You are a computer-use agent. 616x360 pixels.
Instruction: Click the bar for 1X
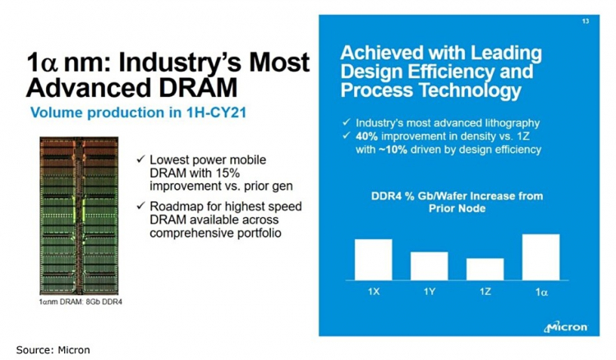coord(374,260)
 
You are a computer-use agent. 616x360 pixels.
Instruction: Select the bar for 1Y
coord(429,265)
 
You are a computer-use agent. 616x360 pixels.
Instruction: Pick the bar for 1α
coord(540,257)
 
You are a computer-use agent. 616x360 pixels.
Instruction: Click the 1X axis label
coord(374,291)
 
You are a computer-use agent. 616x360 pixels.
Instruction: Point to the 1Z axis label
coord(485,291)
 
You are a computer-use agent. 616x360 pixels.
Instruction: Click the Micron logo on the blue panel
coord(566,327)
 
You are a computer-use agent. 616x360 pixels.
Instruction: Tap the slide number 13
coord(585,21)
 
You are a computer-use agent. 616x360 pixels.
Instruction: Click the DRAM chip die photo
coord(79,218)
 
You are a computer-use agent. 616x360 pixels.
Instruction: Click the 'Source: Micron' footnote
coord(53,349)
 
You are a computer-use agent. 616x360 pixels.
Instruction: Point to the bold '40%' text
coord(369,136)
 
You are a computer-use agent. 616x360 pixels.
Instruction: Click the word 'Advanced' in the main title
coord(91,87)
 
